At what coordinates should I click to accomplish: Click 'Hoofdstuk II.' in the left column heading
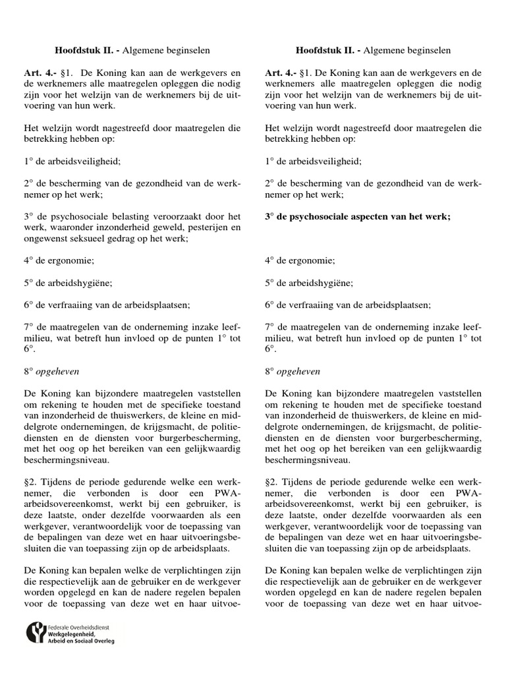80,51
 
